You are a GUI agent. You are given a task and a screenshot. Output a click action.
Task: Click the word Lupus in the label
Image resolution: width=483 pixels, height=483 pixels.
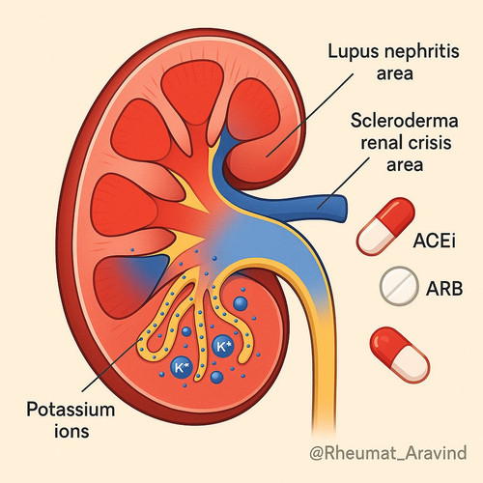(x=352, y=52)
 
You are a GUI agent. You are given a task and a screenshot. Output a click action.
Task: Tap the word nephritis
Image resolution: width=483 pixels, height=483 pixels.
(x=420, y=51)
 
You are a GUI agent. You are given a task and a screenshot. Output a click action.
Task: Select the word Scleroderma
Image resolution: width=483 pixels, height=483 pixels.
(x=405, y=121)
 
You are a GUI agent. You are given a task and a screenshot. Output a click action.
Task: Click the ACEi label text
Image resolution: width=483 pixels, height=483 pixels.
(x=435, y=241)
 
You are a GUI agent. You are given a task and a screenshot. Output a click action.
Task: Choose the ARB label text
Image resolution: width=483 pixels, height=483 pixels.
(x=444, y=288)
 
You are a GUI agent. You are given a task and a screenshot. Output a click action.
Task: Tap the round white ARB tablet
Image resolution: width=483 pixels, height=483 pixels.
(x=399, y=286)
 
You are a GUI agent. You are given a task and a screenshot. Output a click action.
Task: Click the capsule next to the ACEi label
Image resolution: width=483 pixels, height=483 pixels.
(x=385, y=226)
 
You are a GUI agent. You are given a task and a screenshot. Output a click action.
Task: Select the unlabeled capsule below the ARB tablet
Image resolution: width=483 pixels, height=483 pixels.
(x=399, y=355)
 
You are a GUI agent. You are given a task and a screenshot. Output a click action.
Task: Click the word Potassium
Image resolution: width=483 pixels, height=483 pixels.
(x=71, y=410)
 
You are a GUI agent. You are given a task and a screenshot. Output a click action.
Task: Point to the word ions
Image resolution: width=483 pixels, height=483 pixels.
(x=71, y=431)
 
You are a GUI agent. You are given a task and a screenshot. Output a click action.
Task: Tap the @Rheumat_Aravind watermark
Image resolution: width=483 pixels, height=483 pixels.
(x=388, y=452)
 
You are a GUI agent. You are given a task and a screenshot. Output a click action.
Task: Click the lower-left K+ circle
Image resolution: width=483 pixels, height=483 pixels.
(x=182, y=367)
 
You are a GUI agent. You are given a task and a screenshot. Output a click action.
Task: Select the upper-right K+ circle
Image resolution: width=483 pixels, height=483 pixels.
(x=223, y=347)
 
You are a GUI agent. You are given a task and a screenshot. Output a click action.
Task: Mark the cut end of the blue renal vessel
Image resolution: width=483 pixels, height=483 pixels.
(x=343, y=207)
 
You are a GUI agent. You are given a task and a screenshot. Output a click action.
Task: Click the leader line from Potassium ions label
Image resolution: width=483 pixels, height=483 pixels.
(x=111, y=365)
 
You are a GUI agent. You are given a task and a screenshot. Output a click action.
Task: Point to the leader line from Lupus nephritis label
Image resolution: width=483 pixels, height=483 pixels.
(x=309, y=115)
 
